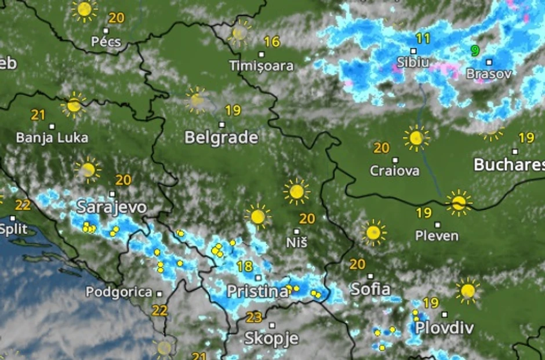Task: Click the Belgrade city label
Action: [x=221, y=137]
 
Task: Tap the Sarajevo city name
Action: [x=111, y=207]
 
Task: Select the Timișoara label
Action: [x=261, y=66]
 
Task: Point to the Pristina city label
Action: [x=257, y=291]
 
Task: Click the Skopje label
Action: [x=271, y=338]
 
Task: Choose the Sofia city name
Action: [x=370, y=289]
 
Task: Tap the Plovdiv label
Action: [x=444, y=328]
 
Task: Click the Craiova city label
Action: [x=395, y=171]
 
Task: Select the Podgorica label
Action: [x=119, y=292]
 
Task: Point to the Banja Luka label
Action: [x=52, y=138]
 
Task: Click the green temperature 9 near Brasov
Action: [x=475, y=50]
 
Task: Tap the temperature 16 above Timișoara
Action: [x=272, y=42]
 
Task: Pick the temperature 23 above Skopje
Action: [x=254, y=317]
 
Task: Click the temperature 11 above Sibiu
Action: [x=423, y=39]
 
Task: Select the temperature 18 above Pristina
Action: [x=245, y=267]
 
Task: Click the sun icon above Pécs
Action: [x=85, y=9]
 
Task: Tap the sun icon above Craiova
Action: [x=416, y=138]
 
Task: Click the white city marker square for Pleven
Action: [x=437, y=224]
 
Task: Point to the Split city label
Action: [x=13, y=229]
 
